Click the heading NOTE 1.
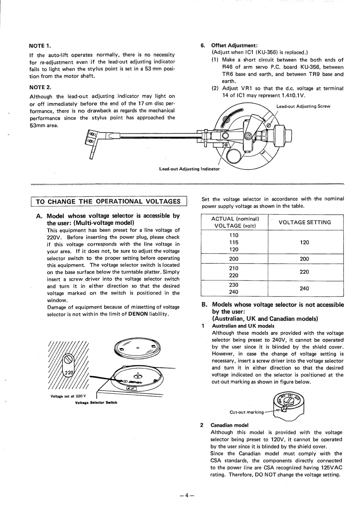click(x=40, y=46)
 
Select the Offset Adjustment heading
click(x=234, y=46)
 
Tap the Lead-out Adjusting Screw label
click(x=303, y=106)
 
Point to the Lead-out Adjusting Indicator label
click(x=189, y=169)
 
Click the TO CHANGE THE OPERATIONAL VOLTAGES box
click(x=109, y=201)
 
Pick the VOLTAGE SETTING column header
click(x=305, y=222)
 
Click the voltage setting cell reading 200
click(x=304, y=259)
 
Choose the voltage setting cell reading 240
click(x=304, y=288)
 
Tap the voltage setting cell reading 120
click(x=304, y=243)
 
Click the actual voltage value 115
click(x=234, y=243)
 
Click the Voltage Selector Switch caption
click(x=96, y=402)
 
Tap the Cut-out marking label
click(x=247, y=412)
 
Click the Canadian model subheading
click(x=229, y=425)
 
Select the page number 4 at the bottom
click(x=187, y=495)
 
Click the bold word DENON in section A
click(x=138, y=314)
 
